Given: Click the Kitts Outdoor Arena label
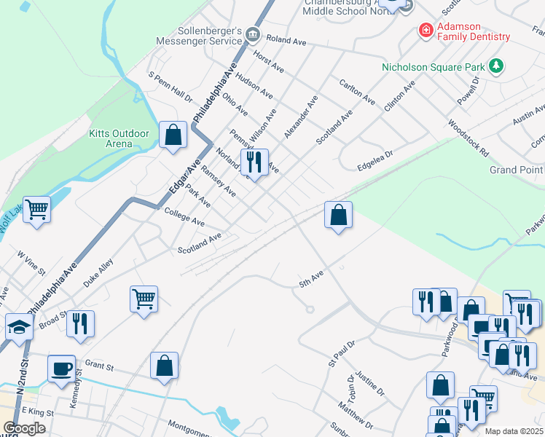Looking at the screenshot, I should (119, 138).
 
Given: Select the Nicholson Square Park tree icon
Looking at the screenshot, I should (497, 67).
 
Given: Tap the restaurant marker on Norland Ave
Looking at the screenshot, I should (254, 162).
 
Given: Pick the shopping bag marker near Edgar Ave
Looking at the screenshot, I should (173, 135).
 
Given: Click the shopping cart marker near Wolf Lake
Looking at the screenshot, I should (36, 210).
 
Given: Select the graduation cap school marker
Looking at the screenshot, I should (19, 326).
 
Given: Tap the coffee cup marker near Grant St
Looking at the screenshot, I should (61, 368).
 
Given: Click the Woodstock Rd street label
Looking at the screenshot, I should (468, 138).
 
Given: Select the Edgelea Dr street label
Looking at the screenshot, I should (375, 161).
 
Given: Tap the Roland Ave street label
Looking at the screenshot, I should (286, 42).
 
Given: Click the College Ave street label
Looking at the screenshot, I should (184, 217).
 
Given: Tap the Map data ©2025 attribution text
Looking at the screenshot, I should (514, 431).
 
